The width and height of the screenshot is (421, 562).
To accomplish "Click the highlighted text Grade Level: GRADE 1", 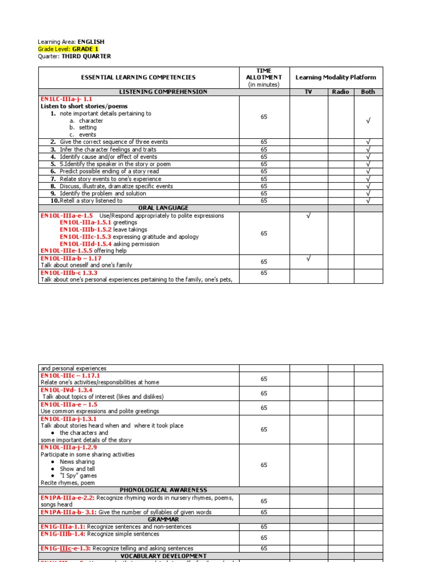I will coord(68,49).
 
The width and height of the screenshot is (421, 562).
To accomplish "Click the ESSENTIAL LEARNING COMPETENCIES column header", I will coord(138,78).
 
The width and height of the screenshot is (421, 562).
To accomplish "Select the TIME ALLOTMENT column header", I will coord(264,78).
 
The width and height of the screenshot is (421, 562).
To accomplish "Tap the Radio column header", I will coord(340,92).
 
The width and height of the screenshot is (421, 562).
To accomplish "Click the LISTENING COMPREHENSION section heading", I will coord(163,92).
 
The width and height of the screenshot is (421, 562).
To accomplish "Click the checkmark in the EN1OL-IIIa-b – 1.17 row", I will coord(308,258).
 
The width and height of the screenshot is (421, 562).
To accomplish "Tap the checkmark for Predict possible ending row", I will coord(368,171).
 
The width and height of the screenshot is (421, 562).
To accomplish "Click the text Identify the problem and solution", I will coord(103,193).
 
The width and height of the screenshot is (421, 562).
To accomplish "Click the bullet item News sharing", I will coord(77,462).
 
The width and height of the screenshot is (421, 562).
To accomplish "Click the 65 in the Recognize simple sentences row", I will coord(264,537).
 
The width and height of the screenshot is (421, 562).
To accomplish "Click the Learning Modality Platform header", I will coord(336,78).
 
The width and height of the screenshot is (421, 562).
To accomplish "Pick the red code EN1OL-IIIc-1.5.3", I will coord(86,237).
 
